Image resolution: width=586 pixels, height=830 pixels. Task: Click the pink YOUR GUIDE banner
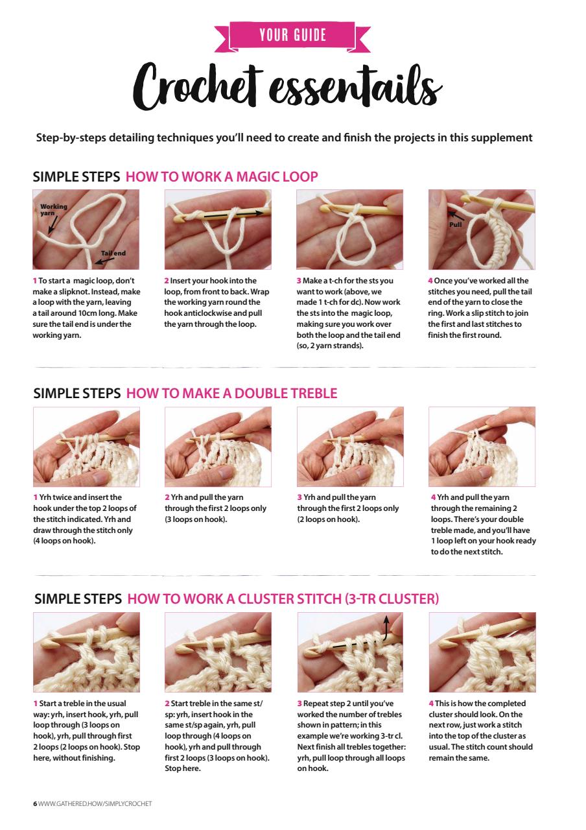(x=293, y=35)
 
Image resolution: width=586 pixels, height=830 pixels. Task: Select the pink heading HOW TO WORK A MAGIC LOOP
(x=222, y=176)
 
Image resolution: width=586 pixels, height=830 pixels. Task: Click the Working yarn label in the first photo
(x=53, y=209)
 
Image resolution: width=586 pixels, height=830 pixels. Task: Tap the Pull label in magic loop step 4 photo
(x=456, y=224)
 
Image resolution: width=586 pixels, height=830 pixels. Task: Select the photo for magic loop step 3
(x=350, y=230)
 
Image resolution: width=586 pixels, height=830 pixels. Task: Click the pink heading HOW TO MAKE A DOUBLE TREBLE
(x=231, y=393)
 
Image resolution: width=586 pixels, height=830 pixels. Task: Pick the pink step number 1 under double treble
(x=35, y=498)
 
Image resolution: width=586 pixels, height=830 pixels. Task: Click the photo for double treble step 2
(x=218, y=446)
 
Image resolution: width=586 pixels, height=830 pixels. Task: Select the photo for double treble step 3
(x=350, y=446)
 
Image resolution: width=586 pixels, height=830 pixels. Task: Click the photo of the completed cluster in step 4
(x=482, y=652)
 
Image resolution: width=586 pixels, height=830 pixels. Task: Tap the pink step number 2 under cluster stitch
(x=167, y=704)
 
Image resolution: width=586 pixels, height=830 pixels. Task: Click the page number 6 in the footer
(x=35, y=804)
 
